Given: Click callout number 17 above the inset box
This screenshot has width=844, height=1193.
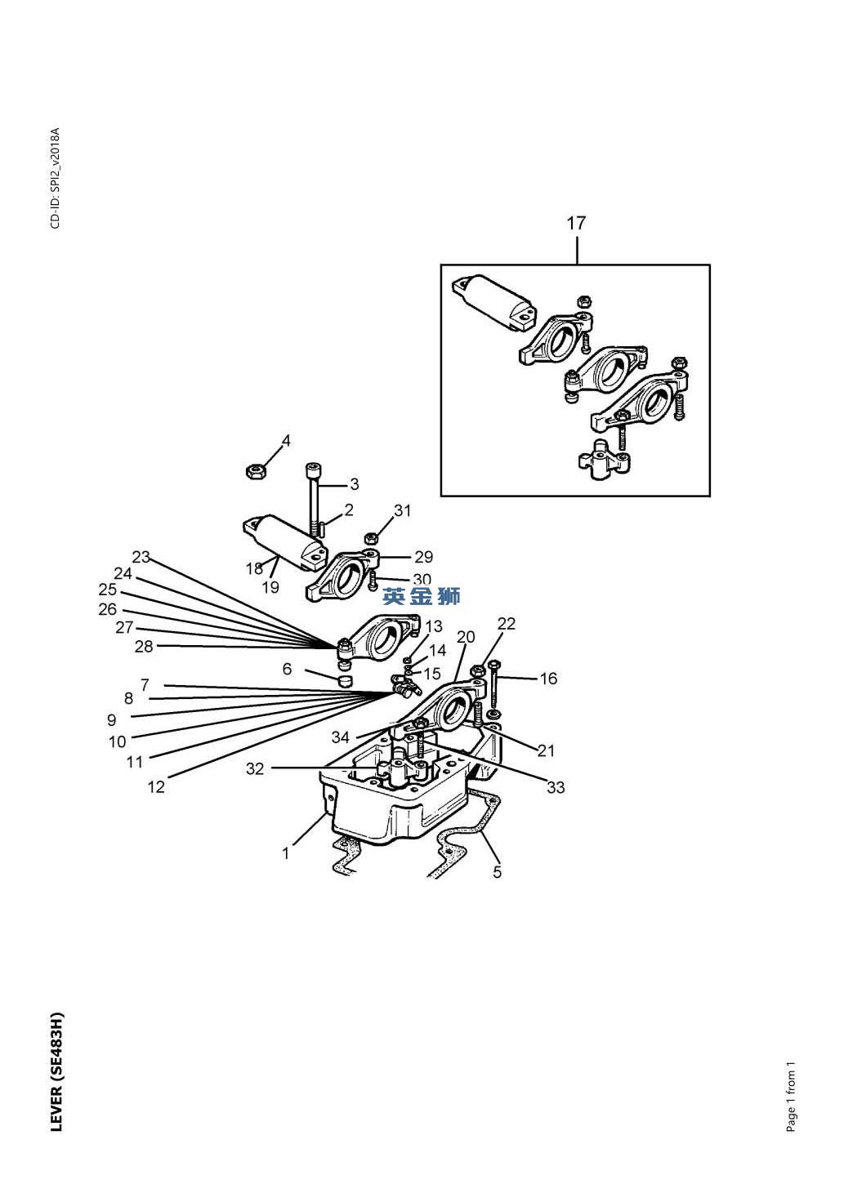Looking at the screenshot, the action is coord(575,223).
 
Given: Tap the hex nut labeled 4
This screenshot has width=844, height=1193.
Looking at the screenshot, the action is coord(253,471).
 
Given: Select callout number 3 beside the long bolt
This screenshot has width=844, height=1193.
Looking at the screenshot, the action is coord(355,485).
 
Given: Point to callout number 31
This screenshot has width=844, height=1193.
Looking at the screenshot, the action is coord(402,510).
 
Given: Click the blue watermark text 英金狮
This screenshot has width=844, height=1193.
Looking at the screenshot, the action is coord(421,596).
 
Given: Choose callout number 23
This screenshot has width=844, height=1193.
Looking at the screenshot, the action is coord(141,557).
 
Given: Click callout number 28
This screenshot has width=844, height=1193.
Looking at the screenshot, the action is coord(144,647).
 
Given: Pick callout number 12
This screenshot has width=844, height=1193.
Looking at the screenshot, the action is coord(156,786).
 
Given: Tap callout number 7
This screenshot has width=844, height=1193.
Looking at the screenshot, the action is coord(145,684).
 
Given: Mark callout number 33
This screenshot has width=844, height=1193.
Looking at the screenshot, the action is coord(556,787).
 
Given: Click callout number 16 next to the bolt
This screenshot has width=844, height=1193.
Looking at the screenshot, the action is coord(548,679).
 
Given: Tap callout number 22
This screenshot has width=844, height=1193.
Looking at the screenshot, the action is coord(507,624).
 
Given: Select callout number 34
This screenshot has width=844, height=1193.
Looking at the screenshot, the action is coord(341,737).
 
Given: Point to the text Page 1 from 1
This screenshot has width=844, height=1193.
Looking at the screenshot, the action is coord(791,1096).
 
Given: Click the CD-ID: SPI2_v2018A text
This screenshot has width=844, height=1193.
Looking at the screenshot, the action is coord(56,178).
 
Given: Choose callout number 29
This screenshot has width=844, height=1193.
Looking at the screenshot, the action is coord(423,557).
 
